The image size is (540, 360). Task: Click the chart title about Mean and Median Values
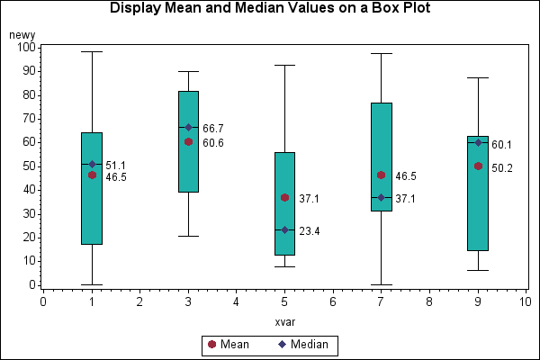tap(269, 9)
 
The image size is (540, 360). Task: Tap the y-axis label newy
tap(22, 34)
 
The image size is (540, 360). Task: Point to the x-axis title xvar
tap(285, 322)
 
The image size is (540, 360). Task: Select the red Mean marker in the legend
tap(211, 344)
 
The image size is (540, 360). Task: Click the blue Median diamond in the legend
tap(282, 344)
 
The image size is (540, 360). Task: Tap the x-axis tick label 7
tap(381, 302)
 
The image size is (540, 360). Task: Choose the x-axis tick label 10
tap(525, 302)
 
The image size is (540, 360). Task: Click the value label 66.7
tap(213, 129)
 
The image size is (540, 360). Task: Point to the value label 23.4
tap(310, 231)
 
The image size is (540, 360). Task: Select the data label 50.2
tap(502, 167)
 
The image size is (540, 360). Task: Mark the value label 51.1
tap(116, 166)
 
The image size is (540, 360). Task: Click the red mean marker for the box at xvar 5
tap(284, 197)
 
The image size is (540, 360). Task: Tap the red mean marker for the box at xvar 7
tap(381, 175)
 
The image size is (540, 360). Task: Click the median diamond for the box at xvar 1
tap(92, 164)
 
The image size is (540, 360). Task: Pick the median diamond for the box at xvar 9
tap(478, 142)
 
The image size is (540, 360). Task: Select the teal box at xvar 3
tap(188, 141)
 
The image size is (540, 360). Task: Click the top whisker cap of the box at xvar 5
tap(284, 65)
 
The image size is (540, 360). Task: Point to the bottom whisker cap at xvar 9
tap(478, 270)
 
